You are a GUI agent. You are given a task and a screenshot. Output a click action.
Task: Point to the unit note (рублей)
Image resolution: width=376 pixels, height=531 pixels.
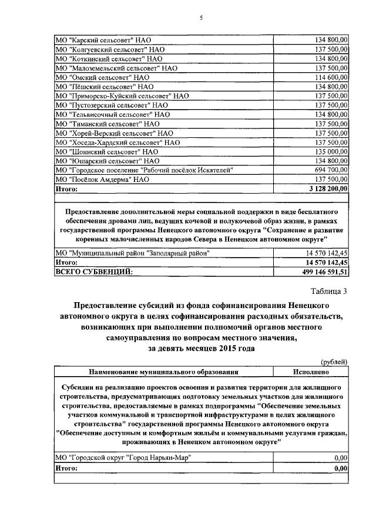(335, 361)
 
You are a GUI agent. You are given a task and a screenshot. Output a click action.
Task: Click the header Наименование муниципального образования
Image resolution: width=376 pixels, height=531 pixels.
(163, 371)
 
